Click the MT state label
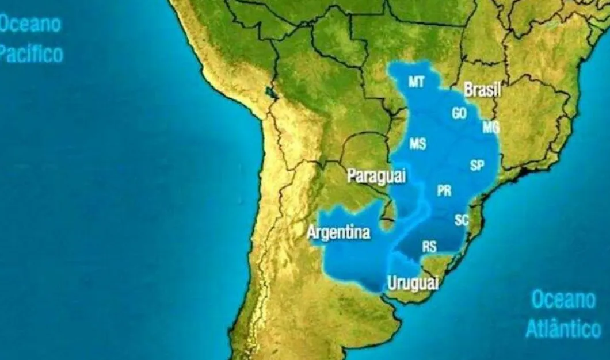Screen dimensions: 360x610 (416, 82)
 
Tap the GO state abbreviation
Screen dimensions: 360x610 (459, 114)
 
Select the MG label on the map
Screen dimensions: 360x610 (490, 128)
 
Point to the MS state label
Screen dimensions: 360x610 (417, 144)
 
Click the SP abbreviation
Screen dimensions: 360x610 (476, 166)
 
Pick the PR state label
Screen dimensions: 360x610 (444, 191)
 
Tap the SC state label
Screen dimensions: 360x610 (461, 220)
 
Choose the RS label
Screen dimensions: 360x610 (429, 247)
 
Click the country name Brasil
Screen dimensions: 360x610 (482, 90)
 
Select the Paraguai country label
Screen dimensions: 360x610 (376, 176)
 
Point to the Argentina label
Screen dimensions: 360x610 (338, 233)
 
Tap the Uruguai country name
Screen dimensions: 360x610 (413, 282)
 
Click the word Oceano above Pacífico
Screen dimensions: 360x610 (30, 25)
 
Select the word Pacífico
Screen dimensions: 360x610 (31, 54)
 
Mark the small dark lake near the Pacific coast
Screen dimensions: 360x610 (269, 93)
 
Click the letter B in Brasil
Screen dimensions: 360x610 (468, 90)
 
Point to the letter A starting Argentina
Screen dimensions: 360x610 (311, 233)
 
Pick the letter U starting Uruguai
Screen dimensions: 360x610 (392, 282)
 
